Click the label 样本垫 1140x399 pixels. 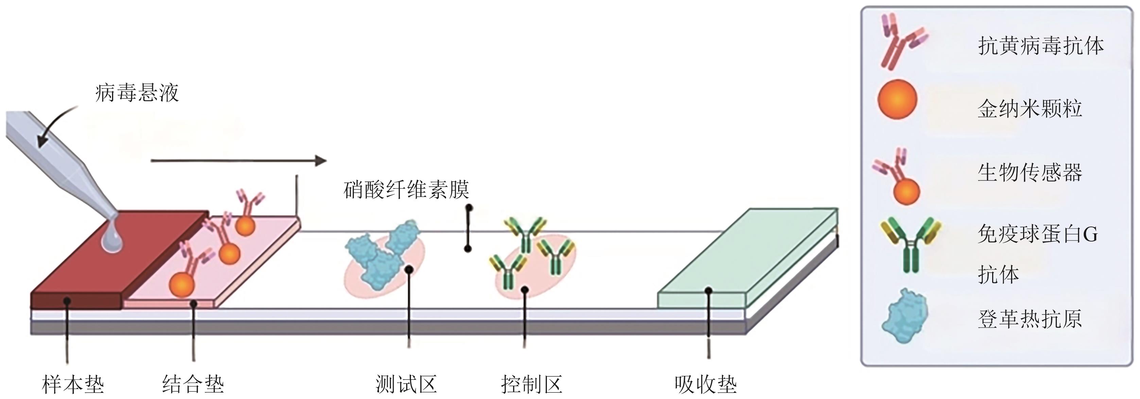(73, 383)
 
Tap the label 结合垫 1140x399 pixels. (193, 383)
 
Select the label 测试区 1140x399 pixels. (406, 383)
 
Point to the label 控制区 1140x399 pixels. (532, 383)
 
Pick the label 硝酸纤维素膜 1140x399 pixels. (406, 189)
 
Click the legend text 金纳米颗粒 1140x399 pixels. (1030, 109)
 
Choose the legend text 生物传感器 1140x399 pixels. (1030, 172)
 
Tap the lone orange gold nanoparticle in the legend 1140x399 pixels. (897, 99)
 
